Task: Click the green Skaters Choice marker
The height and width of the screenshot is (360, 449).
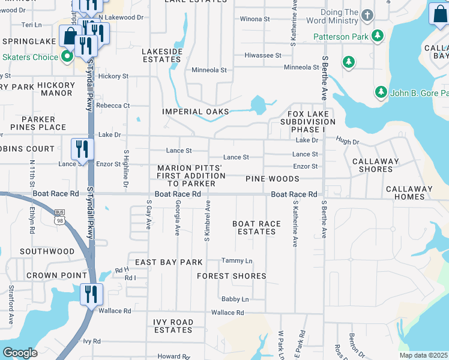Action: tap(68, 57)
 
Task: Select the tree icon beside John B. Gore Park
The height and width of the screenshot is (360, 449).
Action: tap(380, 92)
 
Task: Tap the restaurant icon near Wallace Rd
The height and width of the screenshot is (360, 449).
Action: tap(91, 294)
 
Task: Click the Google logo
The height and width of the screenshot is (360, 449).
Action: tap(20, 353)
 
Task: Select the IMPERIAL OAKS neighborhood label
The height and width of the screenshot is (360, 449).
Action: tap(196, 112)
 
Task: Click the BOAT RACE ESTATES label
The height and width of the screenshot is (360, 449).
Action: tap(256, 227)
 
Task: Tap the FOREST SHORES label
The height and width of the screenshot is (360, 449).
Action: tap(232, 276)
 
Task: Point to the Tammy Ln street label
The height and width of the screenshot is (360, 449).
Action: tap(237, 260)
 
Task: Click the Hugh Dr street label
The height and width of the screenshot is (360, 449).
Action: tap(347, 142)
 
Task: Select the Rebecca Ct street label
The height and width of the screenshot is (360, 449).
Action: tap(113, 106)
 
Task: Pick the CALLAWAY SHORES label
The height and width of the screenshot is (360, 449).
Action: tap(372, 166)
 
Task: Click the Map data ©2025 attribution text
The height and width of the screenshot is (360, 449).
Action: tap(423, 355)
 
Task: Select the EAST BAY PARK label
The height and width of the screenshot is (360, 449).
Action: tap(169, 262)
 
